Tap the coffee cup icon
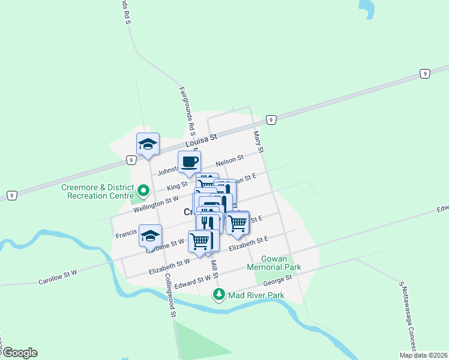pos(189,161)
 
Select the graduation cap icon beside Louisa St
pos(148,144)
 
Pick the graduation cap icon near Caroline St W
pos(150,235)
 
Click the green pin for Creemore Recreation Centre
pos(143,191)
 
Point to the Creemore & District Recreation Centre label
pos(97,191)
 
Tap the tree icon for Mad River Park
pos(220,294)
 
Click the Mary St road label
pos(259,142)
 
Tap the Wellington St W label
pos(155,203)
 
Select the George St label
pos(280,279)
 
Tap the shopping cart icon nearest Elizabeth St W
pos(199,241)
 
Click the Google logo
pos(19,353)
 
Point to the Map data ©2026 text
pos(423,355)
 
